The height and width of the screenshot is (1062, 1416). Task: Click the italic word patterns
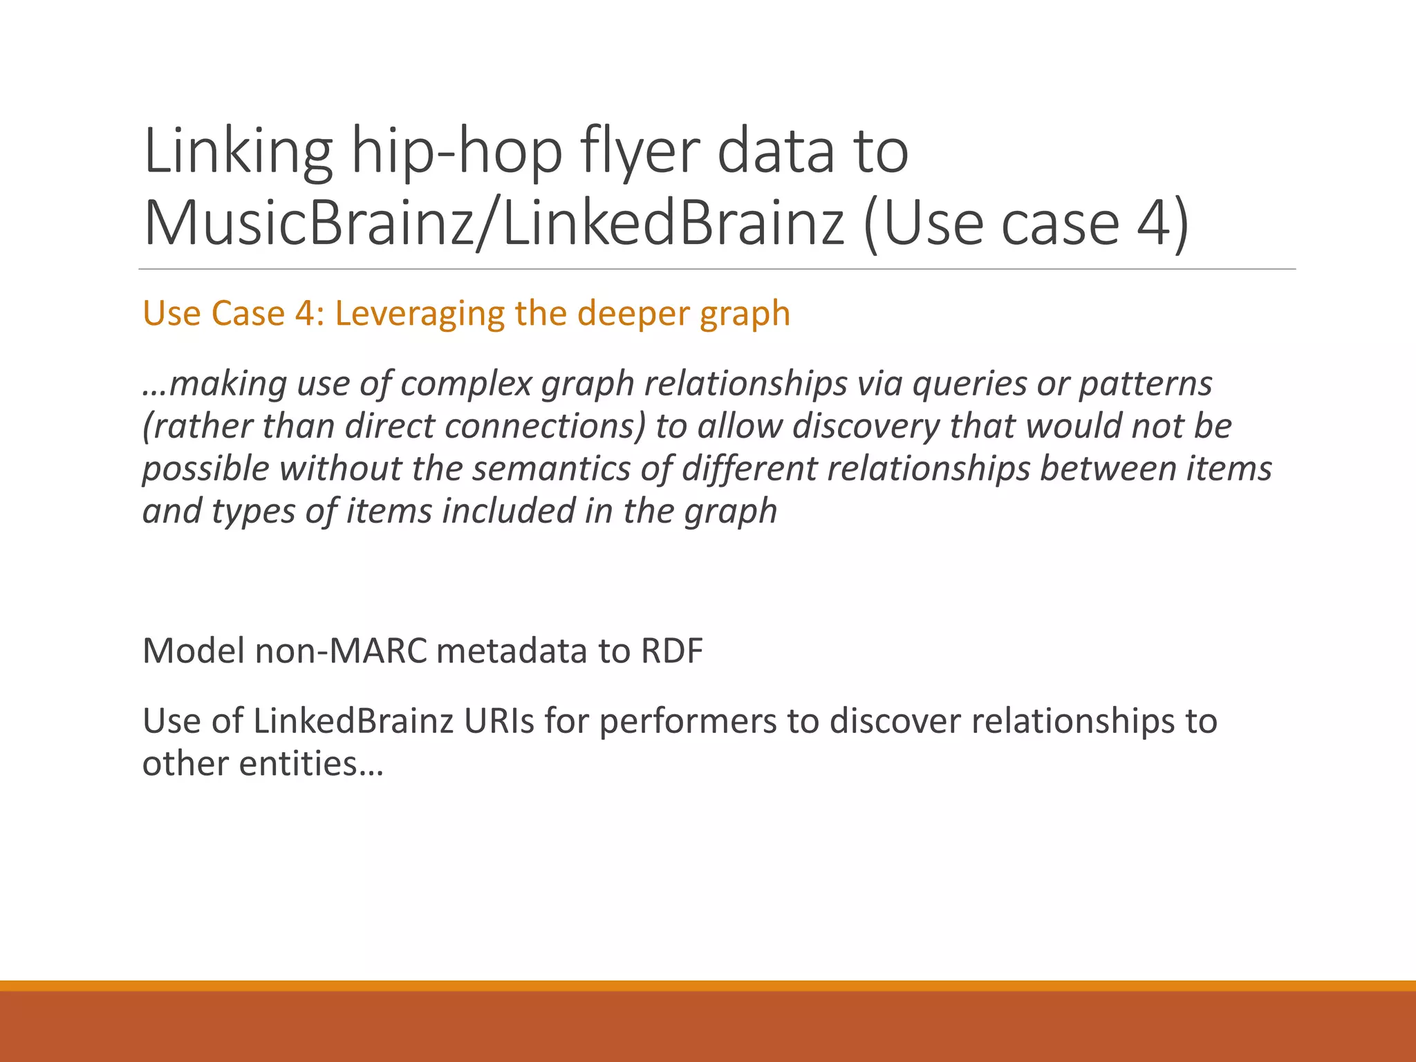(1145, 384)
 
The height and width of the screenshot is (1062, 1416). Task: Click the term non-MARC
(342, 651)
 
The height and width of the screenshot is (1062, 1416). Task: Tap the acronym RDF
(671, 651)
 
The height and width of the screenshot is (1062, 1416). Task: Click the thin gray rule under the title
(716, 269)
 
